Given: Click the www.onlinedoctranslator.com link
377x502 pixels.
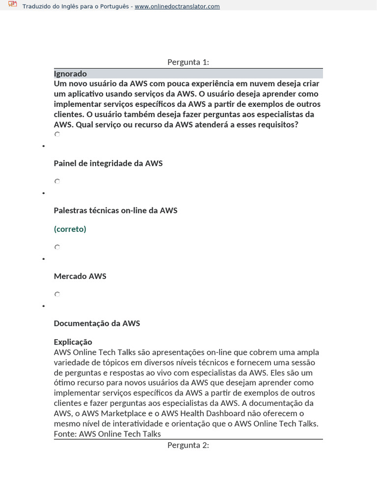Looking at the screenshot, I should pyautogui.click(x=177, y=6).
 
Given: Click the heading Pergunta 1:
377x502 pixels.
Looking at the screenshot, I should pyautogui.click(x=188, y=62).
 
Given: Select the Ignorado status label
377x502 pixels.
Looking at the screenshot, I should pyautogui.click(x=70, y=74).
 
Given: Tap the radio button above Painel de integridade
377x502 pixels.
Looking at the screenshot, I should pyautogui.click(x=57, y=134).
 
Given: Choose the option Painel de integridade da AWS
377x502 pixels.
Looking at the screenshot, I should pyautogui.click(x=108, y=163).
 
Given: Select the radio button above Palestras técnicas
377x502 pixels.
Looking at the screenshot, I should pyautogui.click(x=57, y=181).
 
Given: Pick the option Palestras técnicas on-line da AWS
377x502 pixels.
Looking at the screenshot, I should pyautogui.click(x=115, y=210).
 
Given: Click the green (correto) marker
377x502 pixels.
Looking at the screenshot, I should pyautogui.click(x=70, y=229).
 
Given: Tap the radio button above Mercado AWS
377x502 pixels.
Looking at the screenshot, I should pyautogui.click(x=57, y=247).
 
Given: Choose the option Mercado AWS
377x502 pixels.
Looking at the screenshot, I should pyautogui.click(x=80, y=276).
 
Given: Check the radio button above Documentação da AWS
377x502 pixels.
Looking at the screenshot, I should pyautogui.click(x=57, y=294).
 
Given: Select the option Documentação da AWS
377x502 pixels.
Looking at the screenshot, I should pyautogui.click(x=97, y=324).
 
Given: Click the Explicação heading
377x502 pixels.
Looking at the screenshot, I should pyautogui.click(x=73, y=342).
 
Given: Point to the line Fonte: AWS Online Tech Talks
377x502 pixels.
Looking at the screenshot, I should pyautogui.click(x=107, y=434).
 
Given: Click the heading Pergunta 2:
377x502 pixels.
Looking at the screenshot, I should pyautogui.click(x=188, y=445).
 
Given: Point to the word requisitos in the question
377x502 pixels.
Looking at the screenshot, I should pyautogui.click(x=273, y=125).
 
